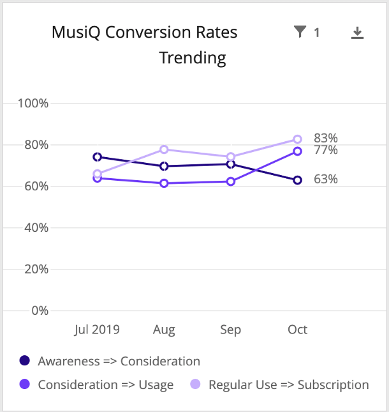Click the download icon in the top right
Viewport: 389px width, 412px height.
(358, 33)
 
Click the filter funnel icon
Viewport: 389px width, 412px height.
(300, 32)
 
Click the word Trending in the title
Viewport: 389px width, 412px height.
(193, 58)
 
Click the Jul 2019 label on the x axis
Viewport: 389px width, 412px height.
(97, 330)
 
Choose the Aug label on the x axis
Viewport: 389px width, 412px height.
(165, 330)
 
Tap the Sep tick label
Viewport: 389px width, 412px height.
(231, 330)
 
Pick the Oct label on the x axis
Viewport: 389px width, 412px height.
(297, 330)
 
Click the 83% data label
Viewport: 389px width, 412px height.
(325, 138)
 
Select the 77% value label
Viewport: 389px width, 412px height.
(325, 150)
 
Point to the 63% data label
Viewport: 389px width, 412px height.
(325, 179)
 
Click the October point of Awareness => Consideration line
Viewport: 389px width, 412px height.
(297, 180)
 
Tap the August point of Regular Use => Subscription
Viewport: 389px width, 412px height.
(165, 149)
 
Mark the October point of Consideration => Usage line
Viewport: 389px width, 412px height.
(297, 151)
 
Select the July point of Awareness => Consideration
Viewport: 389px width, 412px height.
(97, 157)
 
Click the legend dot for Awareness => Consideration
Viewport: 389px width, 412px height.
(25, 361)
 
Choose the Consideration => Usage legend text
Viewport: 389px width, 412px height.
(106, 385)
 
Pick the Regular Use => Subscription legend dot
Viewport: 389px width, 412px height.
(196, 385)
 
